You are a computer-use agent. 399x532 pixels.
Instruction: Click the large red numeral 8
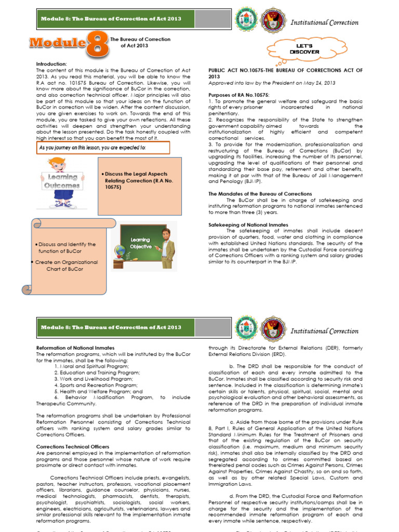pos(97,46)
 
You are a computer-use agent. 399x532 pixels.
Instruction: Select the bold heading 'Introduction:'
pos(51,64)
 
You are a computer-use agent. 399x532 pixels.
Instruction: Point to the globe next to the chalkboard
pos(121,252)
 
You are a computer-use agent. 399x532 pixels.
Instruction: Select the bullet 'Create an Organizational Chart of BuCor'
pos(66,265)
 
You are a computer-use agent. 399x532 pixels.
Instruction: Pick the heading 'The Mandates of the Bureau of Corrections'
pos(260,194)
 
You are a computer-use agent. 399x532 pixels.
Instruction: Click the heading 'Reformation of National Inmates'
pos(75,348)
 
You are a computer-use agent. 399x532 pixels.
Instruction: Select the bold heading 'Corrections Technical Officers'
pos(73,446)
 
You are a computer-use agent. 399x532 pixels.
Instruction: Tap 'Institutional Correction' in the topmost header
pos(324,23)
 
